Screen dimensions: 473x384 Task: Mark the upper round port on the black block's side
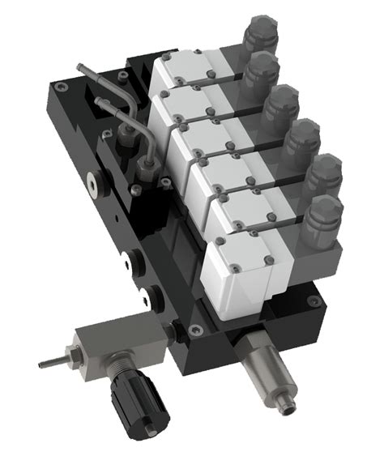[130, 260]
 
